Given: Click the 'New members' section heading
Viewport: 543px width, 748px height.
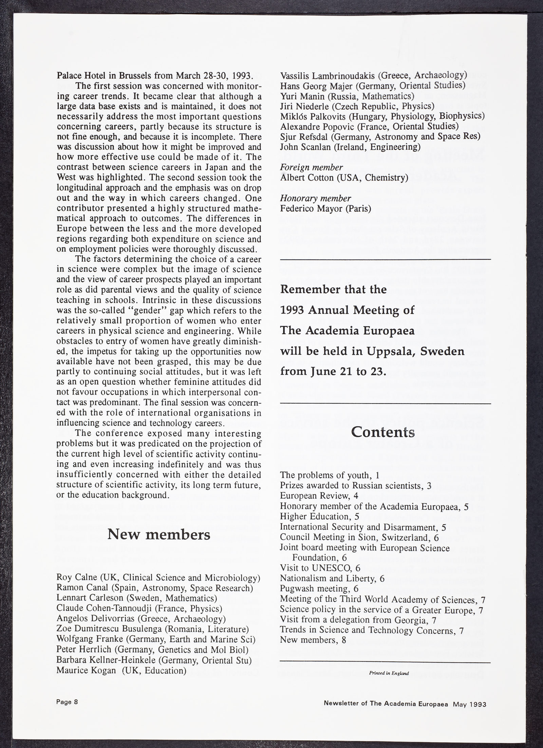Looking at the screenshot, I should (159, 535).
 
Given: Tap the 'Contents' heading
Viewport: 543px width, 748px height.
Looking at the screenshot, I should (383, 432).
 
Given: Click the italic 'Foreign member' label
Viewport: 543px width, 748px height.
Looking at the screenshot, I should (311, 167).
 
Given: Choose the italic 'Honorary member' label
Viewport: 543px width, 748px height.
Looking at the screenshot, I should (315, 198).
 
